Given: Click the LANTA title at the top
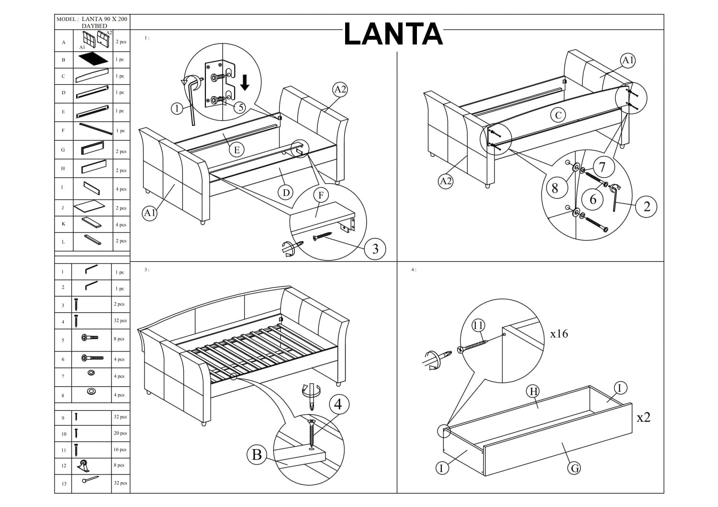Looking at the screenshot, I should click(393, 34).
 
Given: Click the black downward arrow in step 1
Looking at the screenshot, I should click(245, 82).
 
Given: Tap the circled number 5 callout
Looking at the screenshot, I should click(240, 107).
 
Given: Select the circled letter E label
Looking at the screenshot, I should click(236, 150).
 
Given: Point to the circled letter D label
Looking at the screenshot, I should click(285, 193).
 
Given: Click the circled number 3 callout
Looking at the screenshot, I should click(375, 248).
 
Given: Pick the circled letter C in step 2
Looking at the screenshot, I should click(558, 115).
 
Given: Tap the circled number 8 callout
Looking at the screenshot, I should click(555, 188).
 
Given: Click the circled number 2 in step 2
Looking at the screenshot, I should click(647, 206).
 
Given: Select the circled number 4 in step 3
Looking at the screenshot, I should click(338, 404).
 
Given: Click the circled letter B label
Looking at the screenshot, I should click(257, 454).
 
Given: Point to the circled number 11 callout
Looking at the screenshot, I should click(478, 326).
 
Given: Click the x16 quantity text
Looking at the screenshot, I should click(559, 334).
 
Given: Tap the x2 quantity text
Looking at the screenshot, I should click(643, 418).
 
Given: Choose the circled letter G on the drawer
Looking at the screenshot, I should click(575, 468).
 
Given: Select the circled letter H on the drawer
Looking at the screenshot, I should click(533, 391).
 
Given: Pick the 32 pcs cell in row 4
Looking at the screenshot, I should click(120, 320).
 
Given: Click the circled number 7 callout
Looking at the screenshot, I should click(602, 167).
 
